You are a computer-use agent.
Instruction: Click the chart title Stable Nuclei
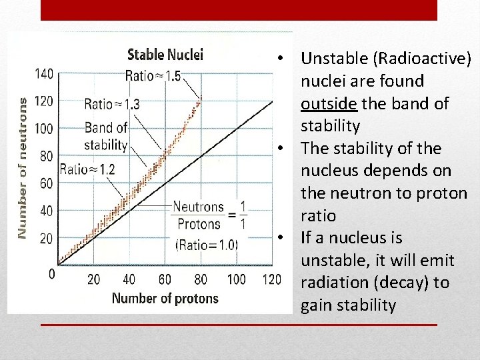tap(165, 54)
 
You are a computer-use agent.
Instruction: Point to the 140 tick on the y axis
tap(44, 73)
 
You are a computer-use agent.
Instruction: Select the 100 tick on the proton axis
tap(236, 279)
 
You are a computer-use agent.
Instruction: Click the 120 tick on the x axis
tap(271, 279)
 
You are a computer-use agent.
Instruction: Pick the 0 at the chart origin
tap(52, 273)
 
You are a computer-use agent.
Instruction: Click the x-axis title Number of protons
tap(165, 298)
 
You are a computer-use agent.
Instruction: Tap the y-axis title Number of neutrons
tap(23, 168)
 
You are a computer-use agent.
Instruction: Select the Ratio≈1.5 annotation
tap(153, 76)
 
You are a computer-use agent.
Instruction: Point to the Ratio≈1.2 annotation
tap(87, 169)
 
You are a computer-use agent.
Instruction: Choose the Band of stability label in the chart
tap(106, 136)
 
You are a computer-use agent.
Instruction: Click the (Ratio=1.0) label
tap(206, 245)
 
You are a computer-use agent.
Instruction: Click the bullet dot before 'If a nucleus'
tap(283, 238)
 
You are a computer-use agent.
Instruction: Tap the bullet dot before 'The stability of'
tap(283, 148)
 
